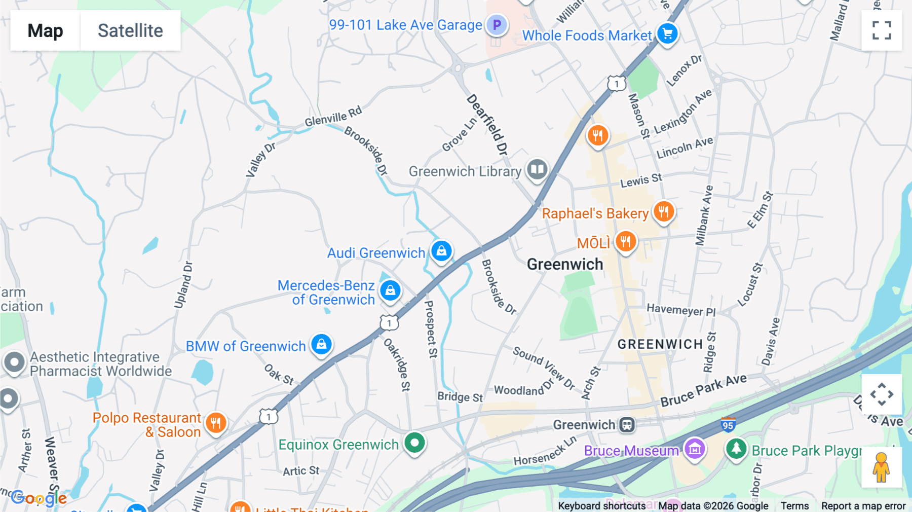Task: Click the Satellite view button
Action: (x=130, y=30)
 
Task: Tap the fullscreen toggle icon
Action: (x=882, y=30)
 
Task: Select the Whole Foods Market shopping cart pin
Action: (x=667, y=33)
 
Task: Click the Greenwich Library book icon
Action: (x=537, y=169)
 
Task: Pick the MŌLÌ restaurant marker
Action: (x=626, y=241)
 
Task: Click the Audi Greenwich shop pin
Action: (x=441, y=250)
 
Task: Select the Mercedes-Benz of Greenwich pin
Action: (x=390, y=290)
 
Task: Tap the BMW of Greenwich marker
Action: (x=321, y=345)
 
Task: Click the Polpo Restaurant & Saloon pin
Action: (x=216, y=422)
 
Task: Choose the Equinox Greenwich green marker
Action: (x=414, y=443)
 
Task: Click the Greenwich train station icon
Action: (x=627, y=425)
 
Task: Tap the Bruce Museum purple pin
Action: (x=695, y=449)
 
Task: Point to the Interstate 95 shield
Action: (x=728, y=425)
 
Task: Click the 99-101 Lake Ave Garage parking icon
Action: (x=497, y=24)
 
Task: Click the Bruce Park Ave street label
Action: (x=703, y=389)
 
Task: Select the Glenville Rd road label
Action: (x=333, y=117)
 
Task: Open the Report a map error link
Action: (x=863, y=506)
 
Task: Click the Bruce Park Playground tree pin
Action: (x=736, y=449)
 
